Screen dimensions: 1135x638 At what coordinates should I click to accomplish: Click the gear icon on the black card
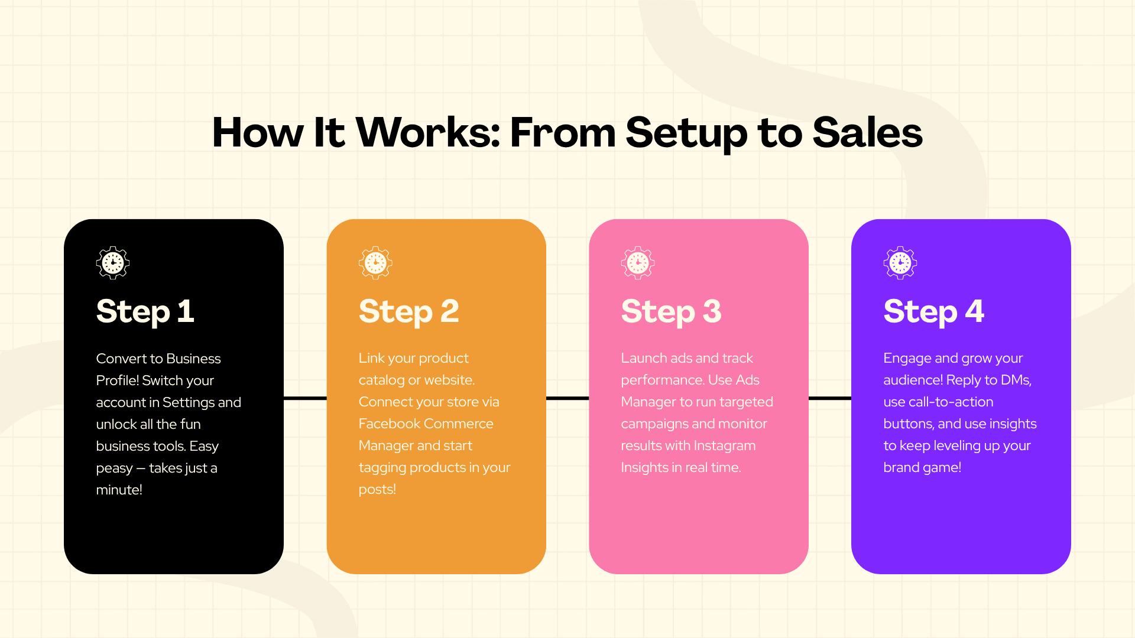[113, 263]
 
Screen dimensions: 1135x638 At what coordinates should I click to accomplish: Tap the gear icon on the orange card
[375, 263]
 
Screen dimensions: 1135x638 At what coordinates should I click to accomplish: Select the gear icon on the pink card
[638, 263]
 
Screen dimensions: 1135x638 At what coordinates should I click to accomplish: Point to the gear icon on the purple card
[900, 263]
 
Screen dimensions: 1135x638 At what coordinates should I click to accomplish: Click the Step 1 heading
[145, 312]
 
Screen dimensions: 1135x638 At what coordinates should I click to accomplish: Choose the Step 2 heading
[409, 312]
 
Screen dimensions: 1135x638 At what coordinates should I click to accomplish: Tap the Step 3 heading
[672, 312]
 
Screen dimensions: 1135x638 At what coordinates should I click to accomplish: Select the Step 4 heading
[934, 312]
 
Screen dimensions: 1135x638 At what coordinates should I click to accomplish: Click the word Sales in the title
[868, 132]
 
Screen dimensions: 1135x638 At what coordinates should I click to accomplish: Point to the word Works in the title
[428, 132]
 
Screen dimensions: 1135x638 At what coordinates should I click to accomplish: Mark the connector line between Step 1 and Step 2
[305, 398]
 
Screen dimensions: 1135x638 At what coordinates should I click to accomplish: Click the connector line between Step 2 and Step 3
[567, 398]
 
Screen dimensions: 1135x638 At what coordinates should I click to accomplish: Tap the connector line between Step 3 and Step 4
[830, 398]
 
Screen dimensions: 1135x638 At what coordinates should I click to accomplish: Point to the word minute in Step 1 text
[117, 490]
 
